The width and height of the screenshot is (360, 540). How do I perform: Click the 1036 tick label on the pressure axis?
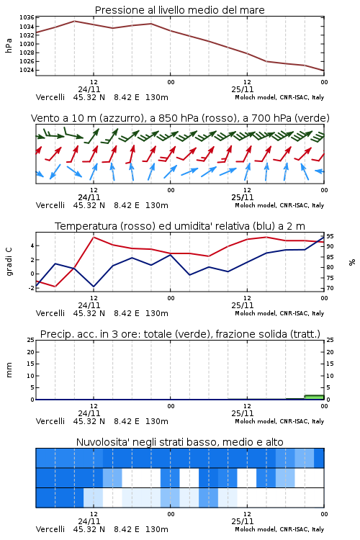tap(27, 17)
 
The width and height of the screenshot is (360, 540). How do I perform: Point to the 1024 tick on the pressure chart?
tap(27, 70)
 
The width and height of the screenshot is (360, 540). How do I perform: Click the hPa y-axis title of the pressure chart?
tap(9, 45)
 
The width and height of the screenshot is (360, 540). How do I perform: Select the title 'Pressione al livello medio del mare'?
tap(180, 10)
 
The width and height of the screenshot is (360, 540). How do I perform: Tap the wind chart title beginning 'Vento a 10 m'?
tap(180, 118)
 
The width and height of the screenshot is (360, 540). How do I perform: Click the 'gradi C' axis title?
tap(9, 262)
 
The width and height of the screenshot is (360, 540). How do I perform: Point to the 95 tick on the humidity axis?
tap(330, 236)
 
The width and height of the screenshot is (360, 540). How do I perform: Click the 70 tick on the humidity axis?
tap(330, 288)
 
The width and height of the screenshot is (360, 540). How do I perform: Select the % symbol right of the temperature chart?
tap(352, 262)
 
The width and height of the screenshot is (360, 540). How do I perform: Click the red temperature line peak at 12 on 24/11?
tap(94, 238)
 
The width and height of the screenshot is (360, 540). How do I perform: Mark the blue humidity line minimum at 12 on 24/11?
tap(94, 287)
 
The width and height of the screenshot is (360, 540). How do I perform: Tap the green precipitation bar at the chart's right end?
tap(314, 397)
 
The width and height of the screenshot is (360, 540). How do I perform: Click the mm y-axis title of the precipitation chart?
tap(9, 370)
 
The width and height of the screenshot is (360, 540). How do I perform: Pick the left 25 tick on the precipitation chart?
tap(31, 341)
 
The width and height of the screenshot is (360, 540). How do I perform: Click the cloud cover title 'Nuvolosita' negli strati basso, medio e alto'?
tap(180, 442)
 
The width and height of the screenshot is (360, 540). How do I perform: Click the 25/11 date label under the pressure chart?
tap(243, 89)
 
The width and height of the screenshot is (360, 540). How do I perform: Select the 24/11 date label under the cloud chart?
tap(89, 521)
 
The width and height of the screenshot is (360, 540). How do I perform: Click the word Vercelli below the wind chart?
tap(50, 205)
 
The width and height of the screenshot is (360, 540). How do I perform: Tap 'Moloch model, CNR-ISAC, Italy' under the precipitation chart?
tap(279, 421)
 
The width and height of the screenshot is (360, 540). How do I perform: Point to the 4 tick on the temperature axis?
tap(32, 246)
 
